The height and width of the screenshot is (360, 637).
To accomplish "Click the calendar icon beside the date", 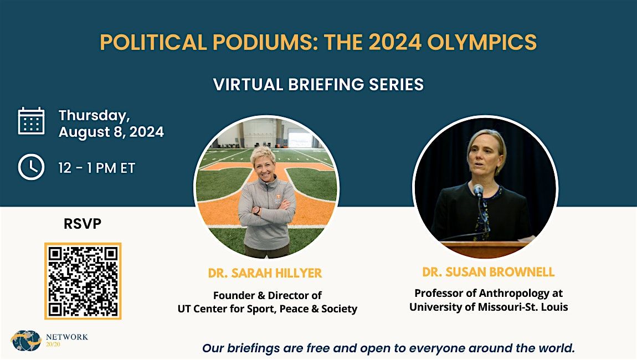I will point(31,121).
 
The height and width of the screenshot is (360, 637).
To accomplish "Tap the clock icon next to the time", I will point(31,167).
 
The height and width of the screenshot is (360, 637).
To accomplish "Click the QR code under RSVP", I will point(83,281).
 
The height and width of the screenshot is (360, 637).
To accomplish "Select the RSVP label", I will point(83,224).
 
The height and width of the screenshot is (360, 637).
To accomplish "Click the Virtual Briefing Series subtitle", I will point(318,84).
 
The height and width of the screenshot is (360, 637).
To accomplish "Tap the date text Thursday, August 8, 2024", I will point(111,124).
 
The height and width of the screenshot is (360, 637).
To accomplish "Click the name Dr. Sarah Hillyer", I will point(265,273).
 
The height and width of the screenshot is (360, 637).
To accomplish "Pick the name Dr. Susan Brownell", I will point(488,272).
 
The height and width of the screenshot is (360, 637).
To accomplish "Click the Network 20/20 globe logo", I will point(26,341).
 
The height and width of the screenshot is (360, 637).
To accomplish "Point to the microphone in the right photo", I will point(479,191).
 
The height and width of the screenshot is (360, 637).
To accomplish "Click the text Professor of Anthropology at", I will point(489,293).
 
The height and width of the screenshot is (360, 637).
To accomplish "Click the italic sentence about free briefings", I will point(388,348).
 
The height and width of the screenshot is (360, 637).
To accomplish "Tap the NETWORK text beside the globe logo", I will point(67,337).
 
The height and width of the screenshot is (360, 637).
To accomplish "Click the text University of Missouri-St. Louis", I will point(489,307).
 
